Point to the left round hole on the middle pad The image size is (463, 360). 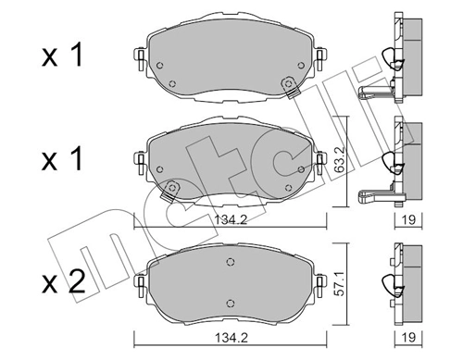pyautogui.click(x=159, y=168)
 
